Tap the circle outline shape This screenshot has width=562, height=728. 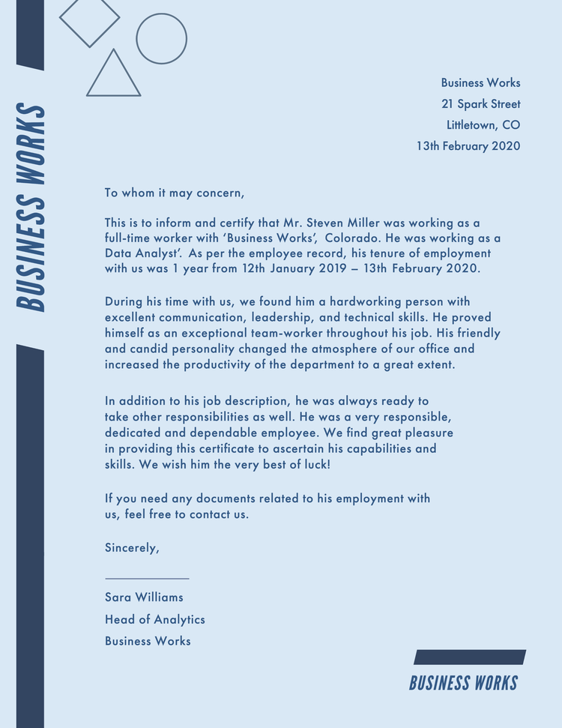[x=161, y=38]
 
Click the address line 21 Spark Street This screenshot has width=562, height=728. [x=480, y=104]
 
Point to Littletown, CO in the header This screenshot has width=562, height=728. [x=483, y=125]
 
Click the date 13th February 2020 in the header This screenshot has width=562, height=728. [x=468, y=146]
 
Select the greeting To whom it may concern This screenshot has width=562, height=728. [x=175, y=193]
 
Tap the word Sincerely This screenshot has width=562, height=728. [x=132, y=547]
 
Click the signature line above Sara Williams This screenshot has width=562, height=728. [x=147, y=578]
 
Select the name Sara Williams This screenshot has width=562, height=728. [x=144, y=598]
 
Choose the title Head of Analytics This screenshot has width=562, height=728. [x=154, y=619]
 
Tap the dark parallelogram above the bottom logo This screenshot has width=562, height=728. [x=470, y=658]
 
